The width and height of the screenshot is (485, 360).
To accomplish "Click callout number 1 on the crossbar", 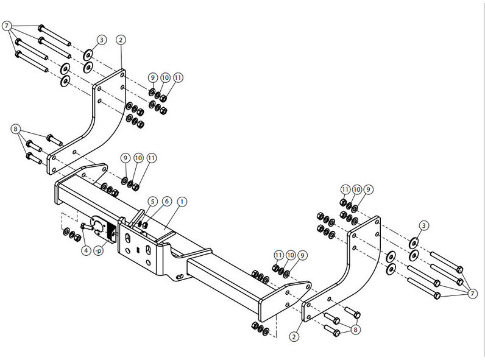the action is pyautogui.click(x=182, y=202).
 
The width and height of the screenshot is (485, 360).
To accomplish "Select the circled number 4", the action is pyautogui.click(x=86, y=250).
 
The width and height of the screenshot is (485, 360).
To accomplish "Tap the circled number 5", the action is pyautogui.click(x=152, y=202).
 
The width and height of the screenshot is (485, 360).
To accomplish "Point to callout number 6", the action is pyautogui.click(x=167, y=202).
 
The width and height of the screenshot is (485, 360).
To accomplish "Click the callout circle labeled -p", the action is pyautogui.click(x=99, y=250).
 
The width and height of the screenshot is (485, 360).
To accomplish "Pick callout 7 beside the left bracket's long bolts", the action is pyautogui.click(x=7, y=26).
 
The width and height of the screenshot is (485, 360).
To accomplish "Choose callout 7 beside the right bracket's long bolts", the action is pyautogui.click(x=472, y=294).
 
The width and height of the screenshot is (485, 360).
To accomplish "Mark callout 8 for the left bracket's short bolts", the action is pyautogui.click(x=16, y=129).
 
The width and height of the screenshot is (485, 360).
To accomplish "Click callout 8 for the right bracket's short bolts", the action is pyautogui.click(x=355, y=330).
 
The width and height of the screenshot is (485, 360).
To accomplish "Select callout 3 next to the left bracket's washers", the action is pyautogui.click(x=102, y=40).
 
